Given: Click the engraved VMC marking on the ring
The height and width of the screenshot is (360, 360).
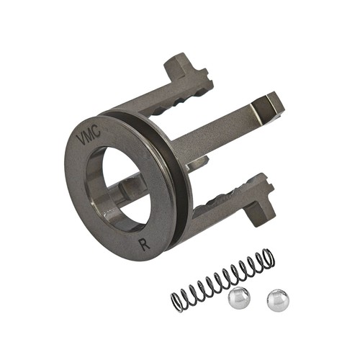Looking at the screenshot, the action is click(x=88, y=135).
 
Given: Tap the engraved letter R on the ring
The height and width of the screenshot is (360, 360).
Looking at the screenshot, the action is click(x=145, y=244).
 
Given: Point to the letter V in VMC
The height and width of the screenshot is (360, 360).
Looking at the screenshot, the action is click(x=81, y=140).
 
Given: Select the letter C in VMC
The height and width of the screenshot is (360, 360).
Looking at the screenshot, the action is click(x=96, y=130).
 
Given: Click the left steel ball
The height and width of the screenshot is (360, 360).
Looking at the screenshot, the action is click(x=239, y=298).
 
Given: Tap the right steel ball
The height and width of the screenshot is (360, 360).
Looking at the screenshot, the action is click(x=278, y=300).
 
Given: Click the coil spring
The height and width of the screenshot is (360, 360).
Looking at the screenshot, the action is click(x=222, y=280).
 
